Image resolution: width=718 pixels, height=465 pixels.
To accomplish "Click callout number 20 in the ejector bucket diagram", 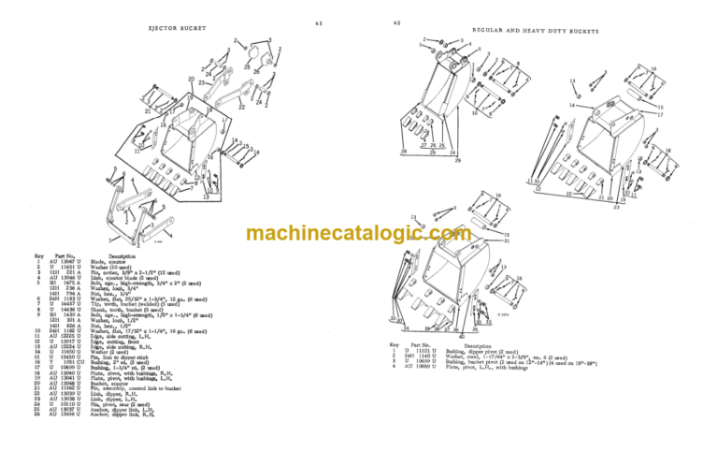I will coord(191,80).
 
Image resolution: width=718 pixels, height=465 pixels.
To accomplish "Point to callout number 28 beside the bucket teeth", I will coord(404,151).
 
